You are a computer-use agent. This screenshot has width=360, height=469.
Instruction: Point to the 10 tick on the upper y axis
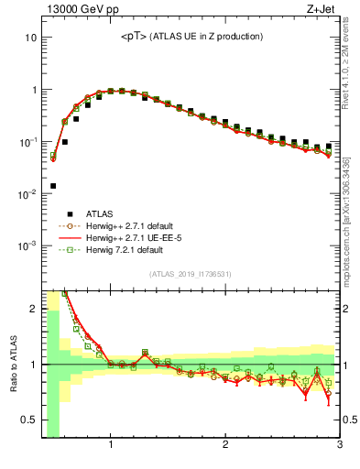click(30, 38)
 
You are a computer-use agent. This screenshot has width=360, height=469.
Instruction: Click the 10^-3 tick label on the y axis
click(27, 246)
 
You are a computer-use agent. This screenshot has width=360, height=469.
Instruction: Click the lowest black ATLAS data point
click(53, 186)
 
